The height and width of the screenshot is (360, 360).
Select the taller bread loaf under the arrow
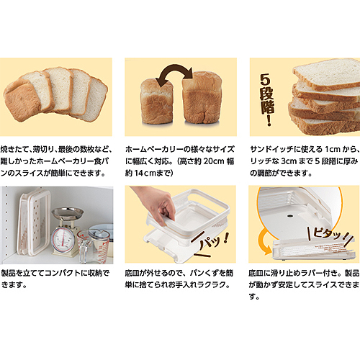point(202,97)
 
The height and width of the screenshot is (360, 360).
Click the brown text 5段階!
point(266,99)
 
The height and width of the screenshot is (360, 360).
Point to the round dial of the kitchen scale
point(63,240)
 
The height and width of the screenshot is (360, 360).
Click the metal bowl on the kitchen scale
point(68,213)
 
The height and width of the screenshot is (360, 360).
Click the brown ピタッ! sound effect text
point(329,233)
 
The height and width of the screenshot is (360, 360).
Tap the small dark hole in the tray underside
point(290,216)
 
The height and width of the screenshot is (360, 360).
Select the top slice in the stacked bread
point(327,73)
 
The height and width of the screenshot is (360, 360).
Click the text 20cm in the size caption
point(214,161)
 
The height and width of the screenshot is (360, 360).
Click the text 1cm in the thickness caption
point(333,149)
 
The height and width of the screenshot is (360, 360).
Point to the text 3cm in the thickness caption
point(289,161)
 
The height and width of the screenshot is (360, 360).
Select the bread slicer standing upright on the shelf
point(34,222)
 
